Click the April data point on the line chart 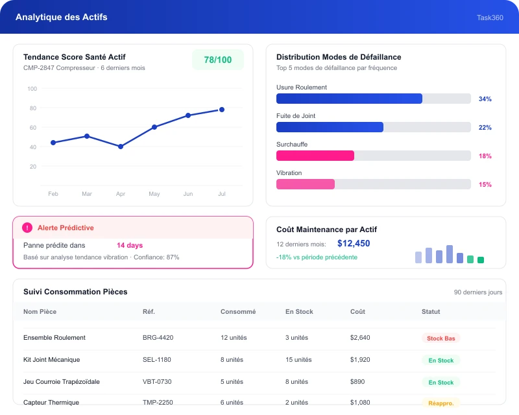(121, 147)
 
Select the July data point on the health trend (222, 110)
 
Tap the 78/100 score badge (218, 60)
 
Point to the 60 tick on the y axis (33, 127)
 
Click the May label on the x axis (154, 194)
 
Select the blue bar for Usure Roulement (349, 99)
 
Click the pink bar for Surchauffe (315, 156)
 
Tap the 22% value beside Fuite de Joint (485, 127)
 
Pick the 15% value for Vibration (485, 184)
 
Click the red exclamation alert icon (27, 228)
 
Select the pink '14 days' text (130, 245)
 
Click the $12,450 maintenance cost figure (354, 244)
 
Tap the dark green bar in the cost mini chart (481, 260)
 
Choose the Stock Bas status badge (441, 338)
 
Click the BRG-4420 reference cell (158, 338)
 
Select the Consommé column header (238, 311)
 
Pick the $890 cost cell (357, 381)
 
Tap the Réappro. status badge (441, 403)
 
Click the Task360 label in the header (490, 18)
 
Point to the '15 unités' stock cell (298, 359)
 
